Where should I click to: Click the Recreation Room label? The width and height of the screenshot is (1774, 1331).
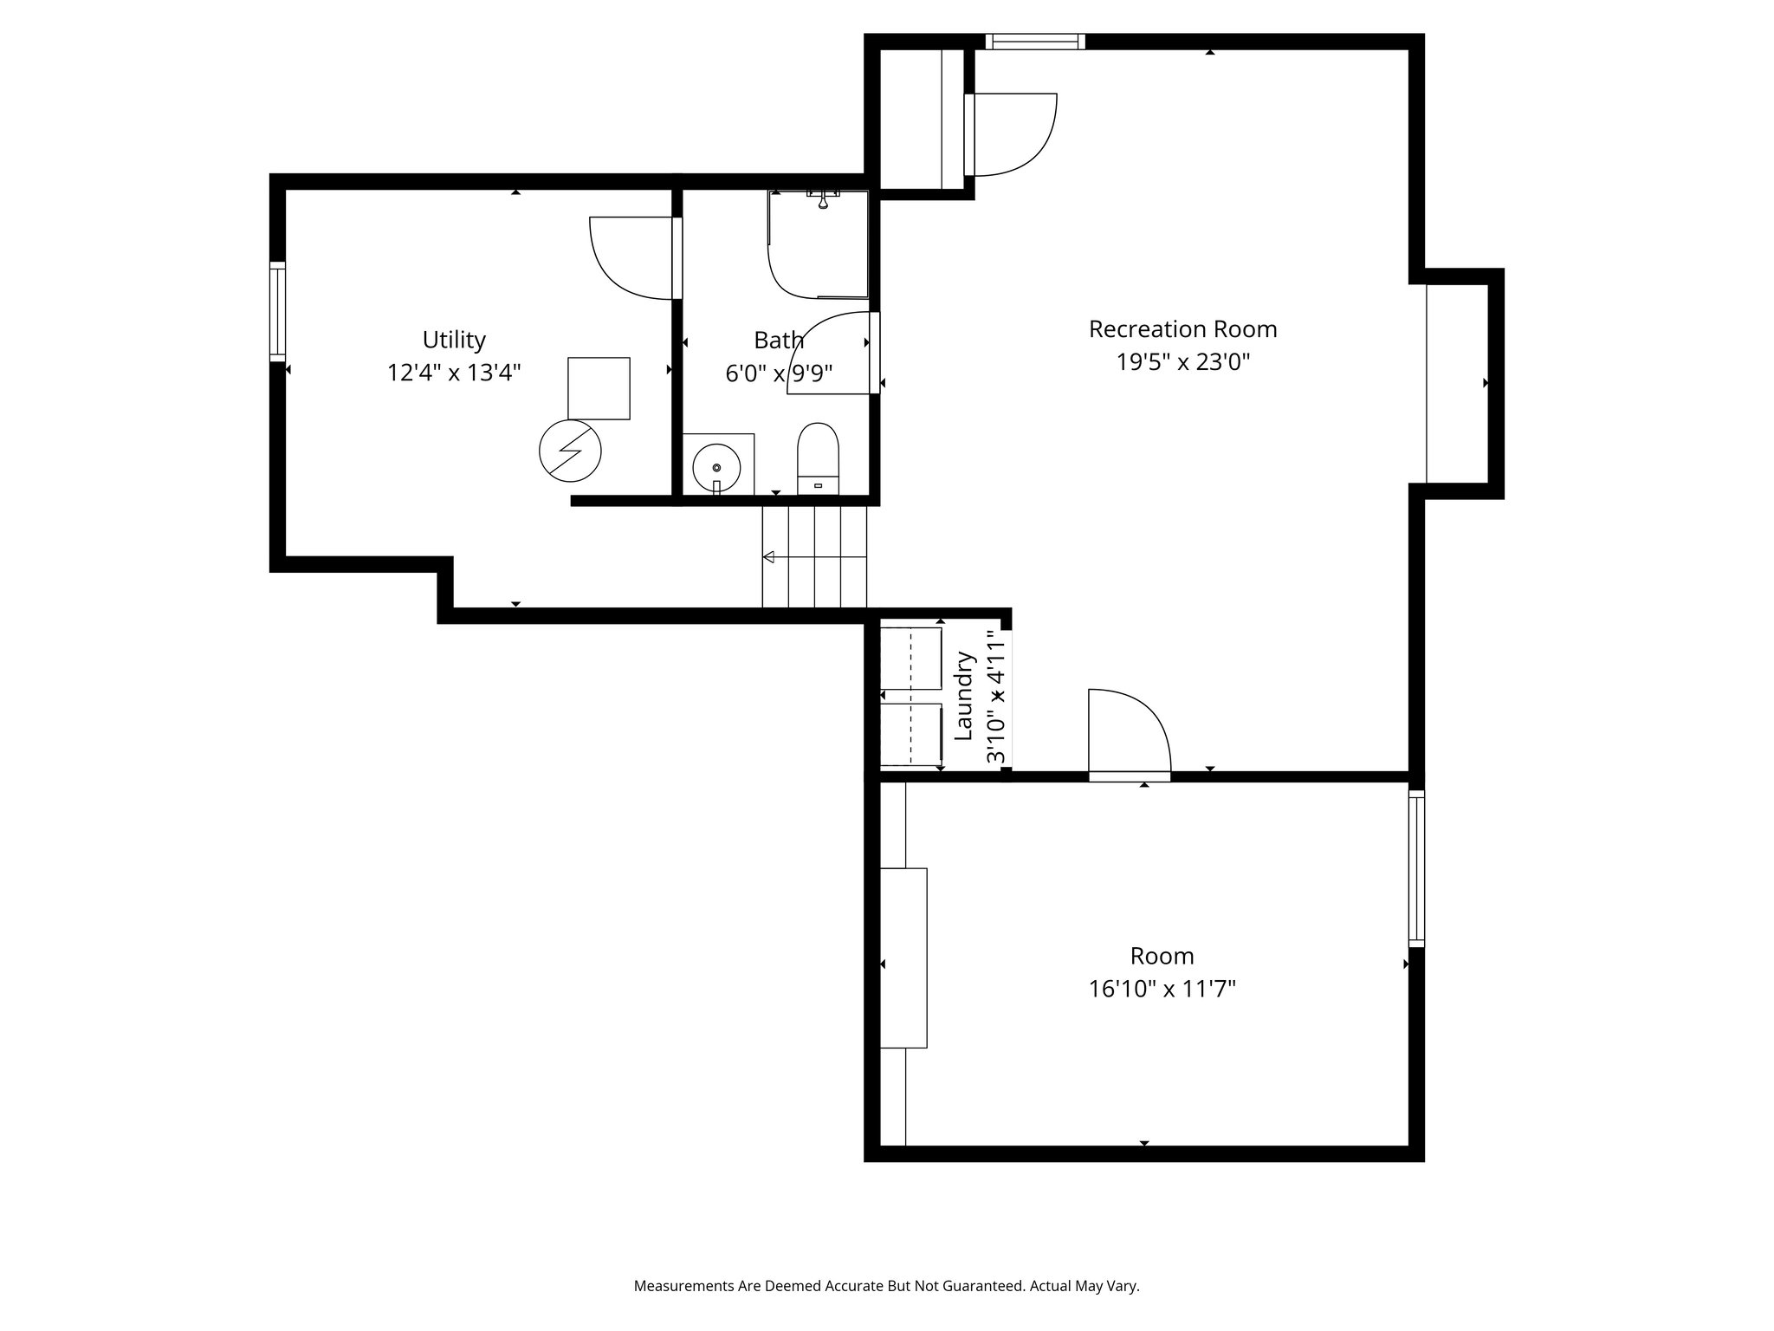pos(1182,329)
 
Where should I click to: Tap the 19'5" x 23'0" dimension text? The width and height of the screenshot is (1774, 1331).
pos(1182,362)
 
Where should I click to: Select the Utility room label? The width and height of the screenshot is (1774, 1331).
pos(454,339)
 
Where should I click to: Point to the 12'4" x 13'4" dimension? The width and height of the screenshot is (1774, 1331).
pos(454,373)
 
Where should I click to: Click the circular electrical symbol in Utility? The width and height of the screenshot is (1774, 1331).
pos(570,451)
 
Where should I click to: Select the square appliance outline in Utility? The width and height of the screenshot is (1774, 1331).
pos(599,388)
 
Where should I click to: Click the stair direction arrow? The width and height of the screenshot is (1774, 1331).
pos(769,557)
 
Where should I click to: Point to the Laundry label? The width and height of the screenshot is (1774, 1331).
pos(964,696)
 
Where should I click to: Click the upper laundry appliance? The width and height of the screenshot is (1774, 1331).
pos(911,659)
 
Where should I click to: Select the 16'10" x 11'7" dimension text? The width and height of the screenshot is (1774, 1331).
pos(1162,989)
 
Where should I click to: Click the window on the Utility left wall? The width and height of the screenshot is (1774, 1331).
pos(277,312)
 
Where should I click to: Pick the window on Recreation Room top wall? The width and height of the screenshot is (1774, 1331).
pos(1035,42)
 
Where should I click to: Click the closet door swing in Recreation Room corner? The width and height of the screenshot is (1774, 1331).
pos(1013,134)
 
